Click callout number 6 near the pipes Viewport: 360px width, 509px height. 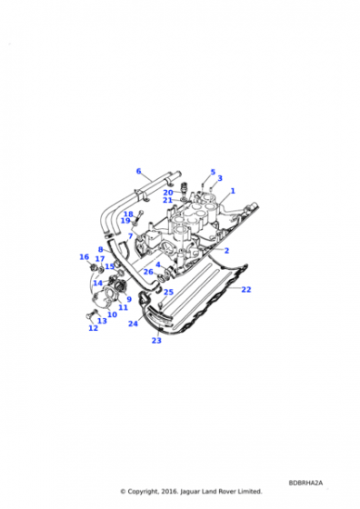click(x=138, y=171)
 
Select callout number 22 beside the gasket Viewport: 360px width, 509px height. click(x=246, y=289)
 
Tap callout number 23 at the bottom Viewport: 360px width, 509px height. click(x=156, y=341)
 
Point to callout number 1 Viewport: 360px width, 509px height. click(x=233, y=191)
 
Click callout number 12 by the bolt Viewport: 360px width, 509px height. click(x=93, y=328)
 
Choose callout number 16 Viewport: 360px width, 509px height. click(x=84, y=257)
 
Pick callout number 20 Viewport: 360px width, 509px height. click(x=168, y=193)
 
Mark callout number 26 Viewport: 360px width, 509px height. click(x=148, y=272)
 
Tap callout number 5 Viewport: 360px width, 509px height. click(x=213, y=172)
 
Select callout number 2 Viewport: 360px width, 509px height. click(x=226, y=251)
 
